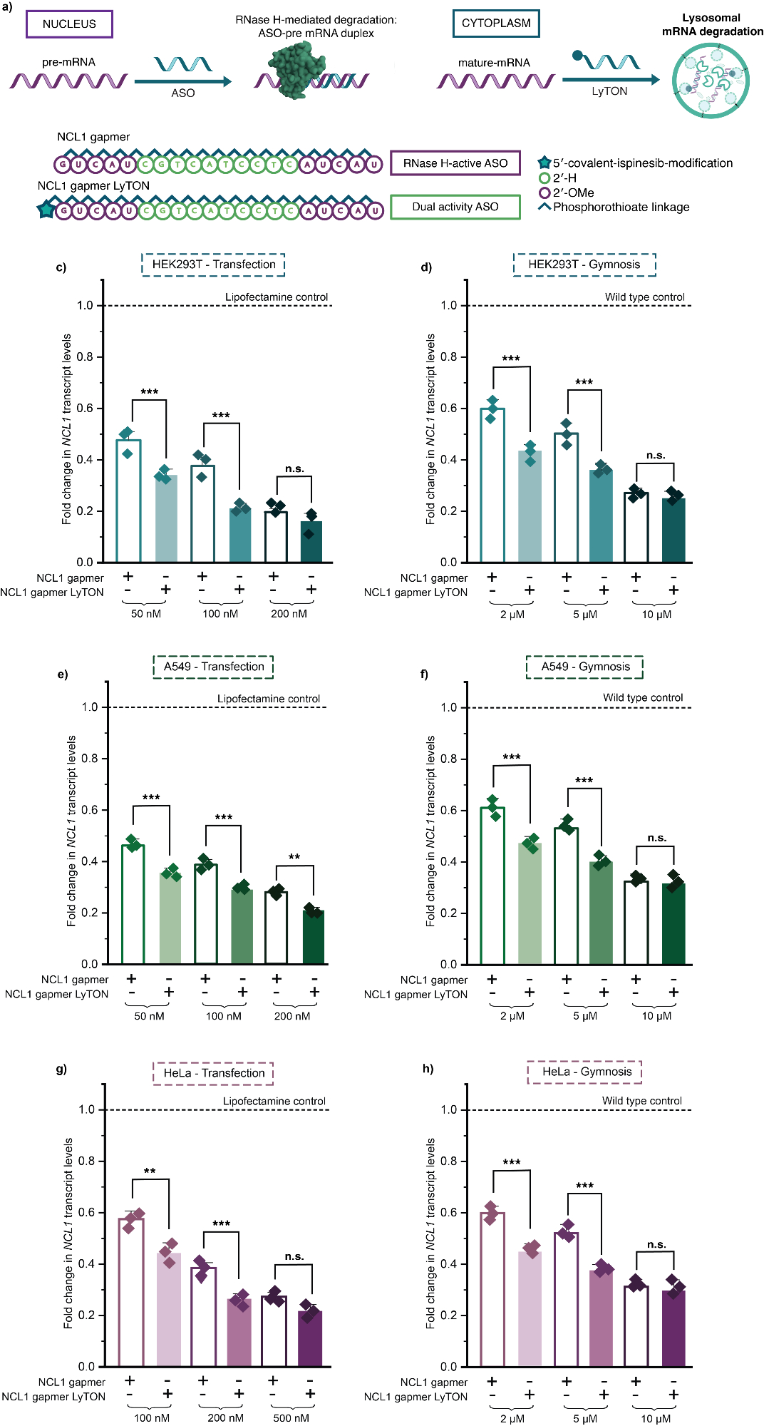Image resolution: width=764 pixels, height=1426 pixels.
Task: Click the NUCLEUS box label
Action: (x=69, y=24)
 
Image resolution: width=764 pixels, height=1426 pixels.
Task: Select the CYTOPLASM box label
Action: (x=496, y=24)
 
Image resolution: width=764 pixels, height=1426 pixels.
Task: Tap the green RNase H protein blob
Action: (x=292, y=68)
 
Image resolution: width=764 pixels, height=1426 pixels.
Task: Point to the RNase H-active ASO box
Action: (x=455, y=163)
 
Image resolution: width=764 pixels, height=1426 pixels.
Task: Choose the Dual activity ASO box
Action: (x=455, y=207)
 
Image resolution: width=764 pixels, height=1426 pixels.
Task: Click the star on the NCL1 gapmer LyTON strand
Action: (x=46, y=210)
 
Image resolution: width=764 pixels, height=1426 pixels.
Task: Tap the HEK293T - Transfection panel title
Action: (x=213, y=265)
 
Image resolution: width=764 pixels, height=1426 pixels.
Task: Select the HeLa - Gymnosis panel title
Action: (x=585, y=1072)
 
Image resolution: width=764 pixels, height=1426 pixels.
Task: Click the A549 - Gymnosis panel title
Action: (x=585, y=667)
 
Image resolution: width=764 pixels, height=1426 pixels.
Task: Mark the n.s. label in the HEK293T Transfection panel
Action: (x=294, y=469)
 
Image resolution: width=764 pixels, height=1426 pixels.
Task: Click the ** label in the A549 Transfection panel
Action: (x=294, y=857)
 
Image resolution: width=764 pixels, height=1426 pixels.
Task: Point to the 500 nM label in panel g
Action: (x=291, y=1418)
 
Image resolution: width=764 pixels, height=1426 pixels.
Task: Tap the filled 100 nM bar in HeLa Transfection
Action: (x=169, y=1309)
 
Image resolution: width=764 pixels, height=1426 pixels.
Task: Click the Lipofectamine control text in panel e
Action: (x=269, y=699)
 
